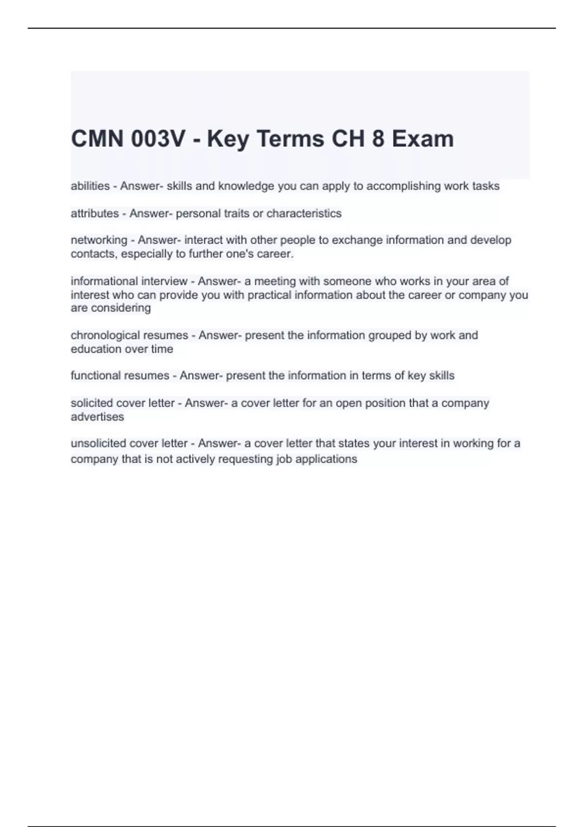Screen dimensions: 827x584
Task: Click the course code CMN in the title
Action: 97,139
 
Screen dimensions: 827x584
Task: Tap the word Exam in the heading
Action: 423,139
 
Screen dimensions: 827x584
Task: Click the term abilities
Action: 90,186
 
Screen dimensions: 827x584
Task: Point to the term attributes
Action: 95,213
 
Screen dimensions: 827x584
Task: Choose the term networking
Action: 99,240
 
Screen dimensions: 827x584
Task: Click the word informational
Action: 104,281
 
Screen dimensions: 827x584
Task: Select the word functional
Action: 94,376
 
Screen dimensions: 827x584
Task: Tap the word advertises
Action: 97,416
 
